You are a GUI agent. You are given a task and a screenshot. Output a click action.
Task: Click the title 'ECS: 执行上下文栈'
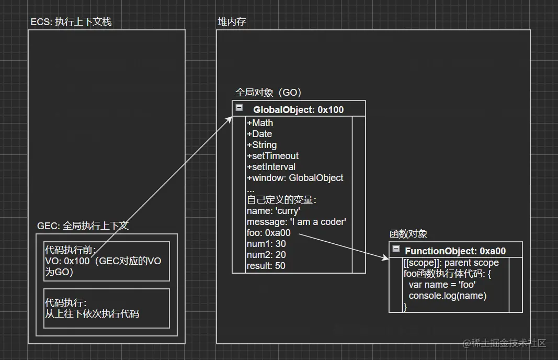click(71, 22)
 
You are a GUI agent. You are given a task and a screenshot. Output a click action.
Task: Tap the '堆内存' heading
click(232, 22)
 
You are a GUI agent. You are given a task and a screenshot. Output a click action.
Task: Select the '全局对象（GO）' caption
click(269, 93)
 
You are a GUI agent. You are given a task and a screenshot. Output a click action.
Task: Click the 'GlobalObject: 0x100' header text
click(298, 110)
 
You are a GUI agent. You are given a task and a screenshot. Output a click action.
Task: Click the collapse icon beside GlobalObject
click(240, 108)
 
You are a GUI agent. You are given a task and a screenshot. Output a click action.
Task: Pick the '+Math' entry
click(260, 123)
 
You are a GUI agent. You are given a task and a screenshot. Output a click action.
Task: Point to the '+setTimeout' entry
click(272, 156)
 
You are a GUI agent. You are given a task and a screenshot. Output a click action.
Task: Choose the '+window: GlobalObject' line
click(295, 178)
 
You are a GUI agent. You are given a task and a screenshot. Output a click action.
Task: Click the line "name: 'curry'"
click(273, 211)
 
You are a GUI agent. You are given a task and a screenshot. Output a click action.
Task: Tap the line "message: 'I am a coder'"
click(296, 222)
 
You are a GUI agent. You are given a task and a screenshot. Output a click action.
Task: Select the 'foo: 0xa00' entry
click(268, 233)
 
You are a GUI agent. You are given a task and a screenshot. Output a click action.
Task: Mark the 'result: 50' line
click(266, 266)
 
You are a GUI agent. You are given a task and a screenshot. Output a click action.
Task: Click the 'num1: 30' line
click(266, 244)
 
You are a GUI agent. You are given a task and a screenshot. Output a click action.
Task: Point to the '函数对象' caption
click(408, 234)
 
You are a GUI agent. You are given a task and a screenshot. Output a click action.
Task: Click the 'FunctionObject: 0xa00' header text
click(455, 251)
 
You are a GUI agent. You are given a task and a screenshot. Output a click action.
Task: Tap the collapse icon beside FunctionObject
click(396, 249)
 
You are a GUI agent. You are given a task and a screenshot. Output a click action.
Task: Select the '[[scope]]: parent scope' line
click(451, 263)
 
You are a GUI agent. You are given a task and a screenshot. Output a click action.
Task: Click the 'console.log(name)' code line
click(448, 296)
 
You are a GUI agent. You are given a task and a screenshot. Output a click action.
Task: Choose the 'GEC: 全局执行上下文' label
click(83, 226)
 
